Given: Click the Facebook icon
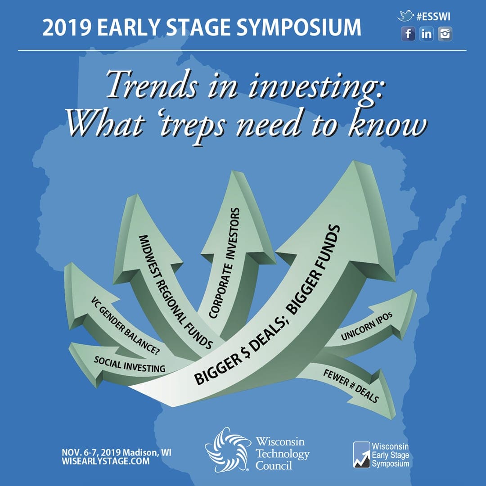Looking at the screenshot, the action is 408,34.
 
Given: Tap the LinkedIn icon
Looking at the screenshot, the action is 427,34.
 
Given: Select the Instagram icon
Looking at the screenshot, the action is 445,34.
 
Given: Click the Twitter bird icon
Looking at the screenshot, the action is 405,16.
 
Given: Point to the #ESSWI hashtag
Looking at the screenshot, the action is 433,17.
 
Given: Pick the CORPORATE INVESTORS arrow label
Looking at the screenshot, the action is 224,263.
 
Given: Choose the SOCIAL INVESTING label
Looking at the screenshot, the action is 130,364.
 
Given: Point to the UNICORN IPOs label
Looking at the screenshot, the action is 367,326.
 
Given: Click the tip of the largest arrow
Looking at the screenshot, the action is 354,161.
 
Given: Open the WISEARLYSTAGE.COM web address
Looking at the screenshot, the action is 106,461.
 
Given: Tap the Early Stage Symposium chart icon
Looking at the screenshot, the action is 362,454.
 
